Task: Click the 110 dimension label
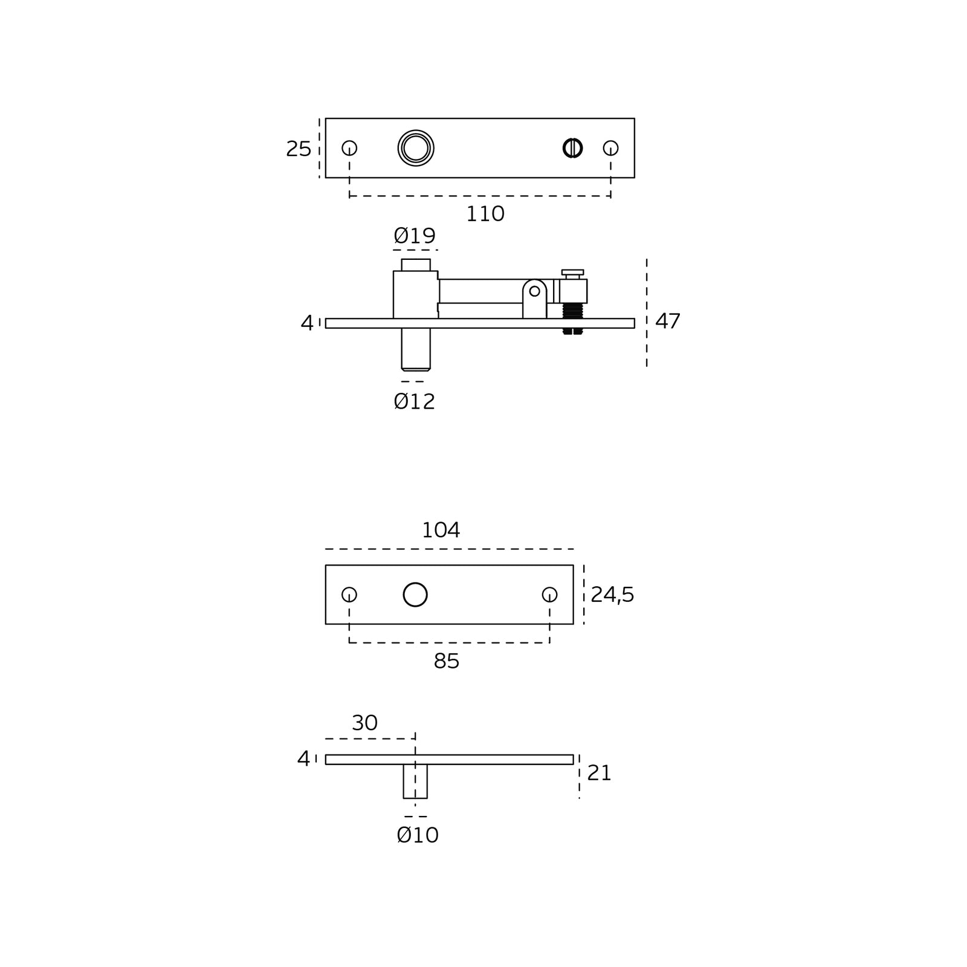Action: (485, 214)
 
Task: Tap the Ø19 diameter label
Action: (415, 235)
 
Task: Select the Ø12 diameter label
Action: (415, 401)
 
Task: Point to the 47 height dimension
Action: (668, 321)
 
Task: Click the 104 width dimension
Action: (441, 530)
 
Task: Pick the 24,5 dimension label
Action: (612, 595)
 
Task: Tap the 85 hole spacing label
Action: (447, 661)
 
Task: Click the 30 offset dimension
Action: (365, 723)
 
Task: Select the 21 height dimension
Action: (600, 773)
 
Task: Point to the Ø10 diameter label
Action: (418, 835)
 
